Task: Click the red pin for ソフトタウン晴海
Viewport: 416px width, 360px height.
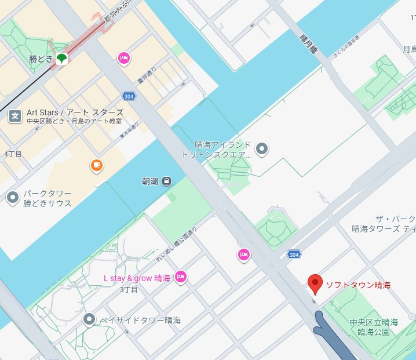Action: (x=315, y=283)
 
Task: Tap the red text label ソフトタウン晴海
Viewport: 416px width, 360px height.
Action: (x=358, y=285)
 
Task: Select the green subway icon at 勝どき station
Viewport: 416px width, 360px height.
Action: (x=61, y=58)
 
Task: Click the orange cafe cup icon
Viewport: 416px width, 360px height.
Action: (x=97, y=166)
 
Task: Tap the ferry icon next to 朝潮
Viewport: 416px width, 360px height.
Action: (x=167, y=181)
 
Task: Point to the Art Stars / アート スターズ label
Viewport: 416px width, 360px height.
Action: (x=75, y=112)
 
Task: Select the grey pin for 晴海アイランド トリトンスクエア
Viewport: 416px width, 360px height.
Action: (x=262, y=149)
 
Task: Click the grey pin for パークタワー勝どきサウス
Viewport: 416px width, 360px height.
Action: (x=13, y=198)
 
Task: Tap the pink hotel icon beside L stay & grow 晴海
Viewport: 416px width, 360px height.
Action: (x=181, y=278)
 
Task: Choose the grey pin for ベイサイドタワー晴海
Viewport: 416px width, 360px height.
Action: (x=89, y=319)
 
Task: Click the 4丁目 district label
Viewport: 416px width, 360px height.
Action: (x=13, y=154)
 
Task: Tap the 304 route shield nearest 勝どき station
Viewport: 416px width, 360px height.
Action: (x=129, y=96)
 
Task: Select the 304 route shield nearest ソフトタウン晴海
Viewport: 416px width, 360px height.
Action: (x=294, y=254)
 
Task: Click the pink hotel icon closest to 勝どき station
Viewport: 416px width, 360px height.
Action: (x=123, y=57)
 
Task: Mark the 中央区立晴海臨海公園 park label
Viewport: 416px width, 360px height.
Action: (x=374, y=327)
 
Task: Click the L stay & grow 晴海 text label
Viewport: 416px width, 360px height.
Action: (x=137, y=278)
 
